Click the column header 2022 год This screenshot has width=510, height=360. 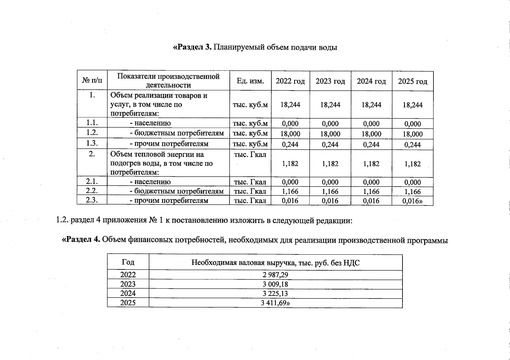[290, 81]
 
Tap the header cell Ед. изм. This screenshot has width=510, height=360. [250, 81]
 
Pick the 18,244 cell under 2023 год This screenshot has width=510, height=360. [330, 105]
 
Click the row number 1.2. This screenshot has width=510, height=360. [92, 133]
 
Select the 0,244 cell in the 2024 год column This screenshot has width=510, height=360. [371, 145]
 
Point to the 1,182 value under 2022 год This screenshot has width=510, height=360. [290, 164]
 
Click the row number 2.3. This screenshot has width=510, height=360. [92, 200]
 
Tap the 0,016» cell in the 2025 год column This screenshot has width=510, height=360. [412, 201]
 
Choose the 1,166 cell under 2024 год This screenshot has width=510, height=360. [371, 191]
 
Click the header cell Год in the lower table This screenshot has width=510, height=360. [128, 262]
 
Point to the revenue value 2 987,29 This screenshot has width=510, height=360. [275, 275]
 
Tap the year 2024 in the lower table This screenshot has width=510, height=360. [128, 293]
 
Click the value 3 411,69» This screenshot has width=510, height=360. [275, 303]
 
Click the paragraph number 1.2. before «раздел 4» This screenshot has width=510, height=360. [62, 220]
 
